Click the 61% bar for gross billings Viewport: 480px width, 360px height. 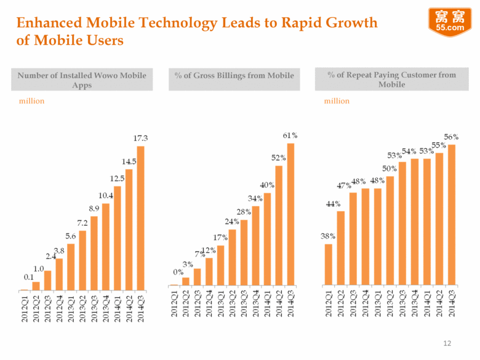pos(290,214)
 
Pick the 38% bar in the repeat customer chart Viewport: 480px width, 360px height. pos(329,265)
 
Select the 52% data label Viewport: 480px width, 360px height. pos(278,158)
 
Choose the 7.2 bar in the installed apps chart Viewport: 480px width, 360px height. pos(82,260)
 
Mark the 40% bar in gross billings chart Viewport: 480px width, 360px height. pos(266,239)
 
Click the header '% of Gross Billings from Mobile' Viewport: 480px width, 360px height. pos(233,76)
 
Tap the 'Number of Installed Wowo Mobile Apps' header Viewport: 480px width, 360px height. pos(82,80)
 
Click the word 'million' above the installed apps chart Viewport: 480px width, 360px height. pos(31,101)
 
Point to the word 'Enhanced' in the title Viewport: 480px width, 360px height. pos(47,23)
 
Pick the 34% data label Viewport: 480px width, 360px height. pos(255,199)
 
